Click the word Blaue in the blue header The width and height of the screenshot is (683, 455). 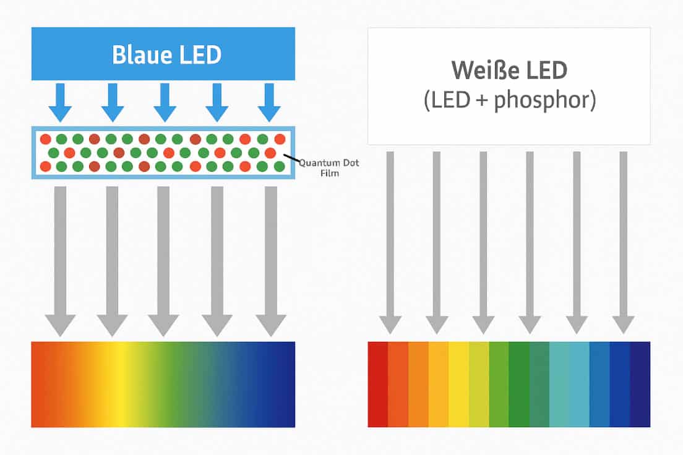[x=139, y=54]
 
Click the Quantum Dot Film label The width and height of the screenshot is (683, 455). [x=329, y=168]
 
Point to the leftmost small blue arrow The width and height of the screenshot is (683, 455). [x=60, y=103]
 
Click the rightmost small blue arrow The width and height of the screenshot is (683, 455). [x=269, y=103]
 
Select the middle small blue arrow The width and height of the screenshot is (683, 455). [x=165, y=103]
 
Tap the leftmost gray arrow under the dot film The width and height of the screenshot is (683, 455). [x=60, y=262]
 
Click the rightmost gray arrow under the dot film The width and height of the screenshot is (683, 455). [x=271, y=262]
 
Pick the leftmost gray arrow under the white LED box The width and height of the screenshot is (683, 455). [x=390, y=242]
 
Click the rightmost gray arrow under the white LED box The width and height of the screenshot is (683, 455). [x=624, y=242]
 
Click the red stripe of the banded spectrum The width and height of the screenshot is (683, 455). [x=377, y=385]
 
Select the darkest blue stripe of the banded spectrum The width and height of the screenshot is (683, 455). [x=640, y=385]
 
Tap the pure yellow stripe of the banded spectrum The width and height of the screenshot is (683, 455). [x=458, y=385]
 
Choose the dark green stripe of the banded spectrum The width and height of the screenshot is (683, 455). [x=519, y=385]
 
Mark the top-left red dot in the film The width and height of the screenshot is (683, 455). [x=45, y=139]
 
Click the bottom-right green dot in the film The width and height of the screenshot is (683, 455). [x=280, y=166]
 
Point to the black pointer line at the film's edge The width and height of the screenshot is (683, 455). [x=291, y=158]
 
